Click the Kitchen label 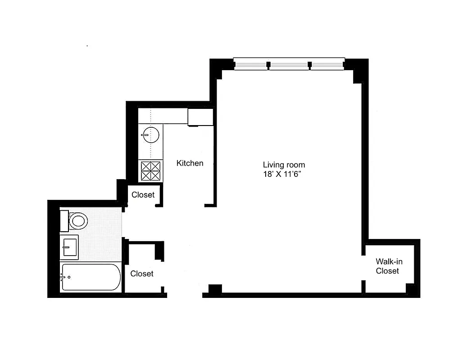tap(190, 163)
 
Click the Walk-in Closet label tap(387, 266)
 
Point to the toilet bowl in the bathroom tap(79, 221)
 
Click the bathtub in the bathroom tap(91, 277)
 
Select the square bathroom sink tap(69, 247)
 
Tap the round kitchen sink tap(150, 134)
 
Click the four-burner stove tap(150, 171)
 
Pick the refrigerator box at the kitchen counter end tap(200, 117)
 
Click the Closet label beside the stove tap(143, 195)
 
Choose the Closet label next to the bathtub tap(142, 274)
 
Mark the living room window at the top tap(289, 64)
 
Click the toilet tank tap(64, 220)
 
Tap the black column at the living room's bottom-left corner tap(215, 289)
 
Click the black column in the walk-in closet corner tap(411, 288)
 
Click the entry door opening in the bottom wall tap(185, 295)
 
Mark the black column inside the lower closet tap(159, 251)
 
